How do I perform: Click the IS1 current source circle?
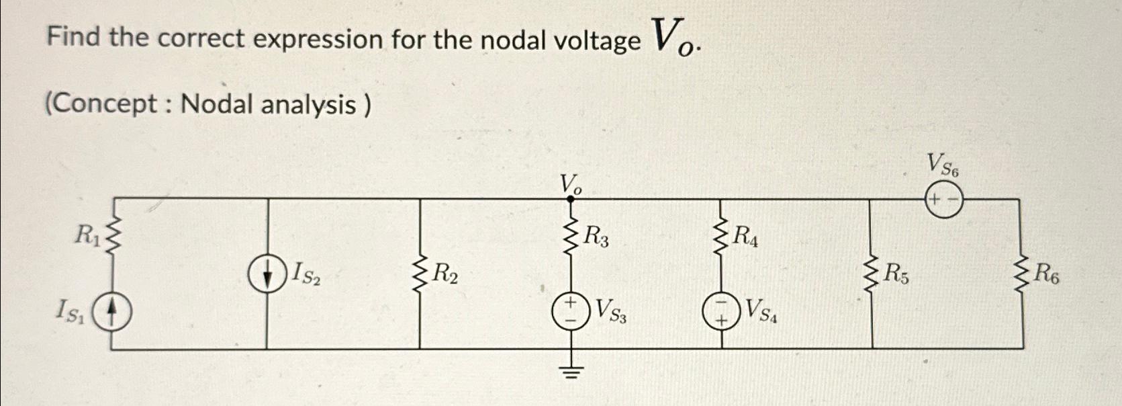tap(111, 312)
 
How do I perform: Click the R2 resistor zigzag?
tap(420, 274)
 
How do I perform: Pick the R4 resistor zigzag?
tap(721, 237)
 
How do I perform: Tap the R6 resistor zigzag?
tap(1022, 274)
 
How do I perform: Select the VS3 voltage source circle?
tap(571, 311)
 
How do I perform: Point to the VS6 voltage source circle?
tap(945, 199)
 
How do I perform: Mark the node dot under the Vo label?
tap(571, 199)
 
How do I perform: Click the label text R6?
tap(1045, 274)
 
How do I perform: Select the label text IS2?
tap(305, 274)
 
